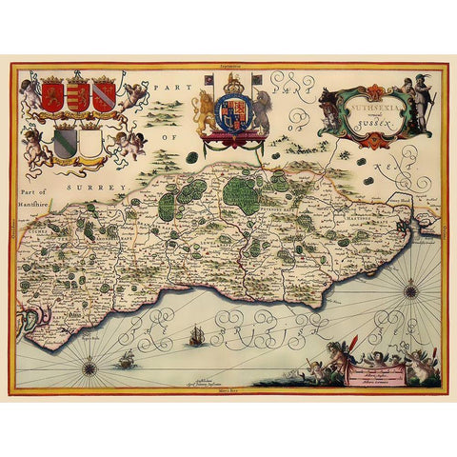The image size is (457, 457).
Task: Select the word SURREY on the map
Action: pyautogui.click(x=92, y=189)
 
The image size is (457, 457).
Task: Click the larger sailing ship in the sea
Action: pyautogui.click(x=197, y=335)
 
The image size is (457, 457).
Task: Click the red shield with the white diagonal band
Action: pyautogui.click(x=103, y=95)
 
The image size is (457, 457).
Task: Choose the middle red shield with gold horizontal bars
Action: pyautogui.click(x=79, y=96)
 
